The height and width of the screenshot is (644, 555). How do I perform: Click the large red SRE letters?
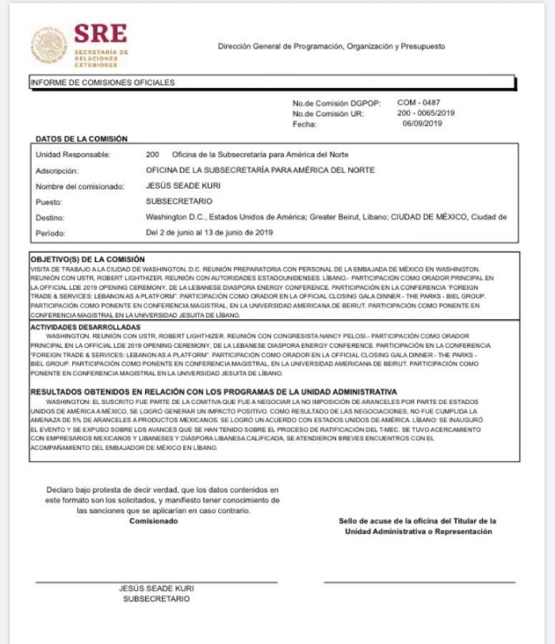[x=101, y=34]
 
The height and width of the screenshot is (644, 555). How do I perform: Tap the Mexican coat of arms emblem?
[x=48, y=45]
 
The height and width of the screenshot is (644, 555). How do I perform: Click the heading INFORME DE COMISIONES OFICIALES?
[x=102, y=82]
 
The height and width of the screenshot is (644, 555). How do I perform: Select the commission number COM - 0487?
[x=419, y=102]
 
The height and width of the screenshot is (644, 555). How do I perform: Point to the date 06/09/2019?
[x=422, y=124]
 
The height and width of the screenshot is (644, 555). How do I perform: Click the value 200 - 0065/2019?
[x=426, y=112]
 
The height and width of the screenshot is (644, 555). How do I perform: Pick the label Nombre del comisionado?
[x=80, y=186]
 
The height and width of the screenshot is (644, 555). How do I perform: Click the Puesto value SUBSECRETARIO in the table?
[x=179, y=201]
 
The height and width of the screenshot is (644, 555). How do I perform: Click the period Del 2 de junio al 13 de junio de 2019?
[x=209, y=233]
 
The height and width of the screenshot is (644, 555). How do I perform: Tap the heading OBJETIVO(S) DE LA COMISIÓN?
[x=87, y=259]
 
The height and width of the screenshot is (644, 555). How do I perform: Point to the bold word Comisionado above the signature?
[x=154, y=520]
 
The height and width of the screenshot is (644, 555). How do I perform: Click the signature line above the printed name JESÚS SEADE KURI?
[x=156, y=582]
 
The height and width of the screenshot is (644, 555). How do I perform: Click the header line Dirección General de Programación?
[x=331, y=46]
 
